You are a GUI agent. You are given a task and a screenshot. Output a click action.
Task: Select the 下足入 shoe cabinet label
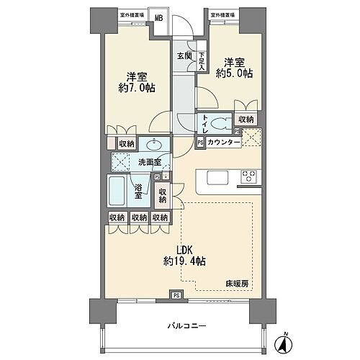202,60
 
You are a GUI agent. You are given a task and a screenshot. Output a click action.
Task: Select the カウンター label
223,143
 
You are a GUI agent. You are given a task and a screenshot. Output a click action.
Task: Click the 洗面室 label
149,163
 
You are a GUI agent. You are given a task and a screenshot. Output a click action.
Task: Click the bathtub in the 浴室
118,190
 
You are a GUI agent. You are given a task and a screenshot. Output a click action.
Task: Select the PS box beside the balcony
176,294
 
